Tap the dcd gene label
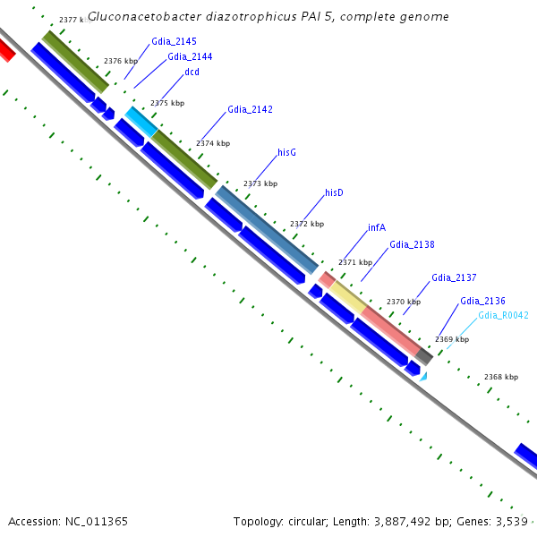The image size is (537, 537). coord(192,72)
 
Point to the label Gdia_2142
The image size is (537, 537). coord(250,110)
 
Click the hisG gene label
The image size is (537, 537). coord(286,153)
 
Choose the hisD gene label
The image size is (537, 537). coord(334,192)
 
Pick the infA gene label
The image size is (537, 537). coord(376,228)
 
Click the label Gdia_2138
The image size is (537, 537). coord(412,244)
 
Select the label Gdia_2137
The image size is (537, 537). coord(454,278)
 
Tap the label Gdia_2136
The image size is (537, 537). coord(482,301)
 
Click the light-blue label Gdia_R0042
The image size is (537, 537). coord(503,315)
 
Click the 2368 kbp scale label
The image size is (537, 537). coord(500,377)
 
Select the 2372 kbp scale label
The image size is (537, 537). coord(306,224)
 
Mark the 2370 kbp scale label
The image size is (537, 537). coord(403,302)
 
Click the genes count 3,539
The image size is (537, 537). coord(514,521)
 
